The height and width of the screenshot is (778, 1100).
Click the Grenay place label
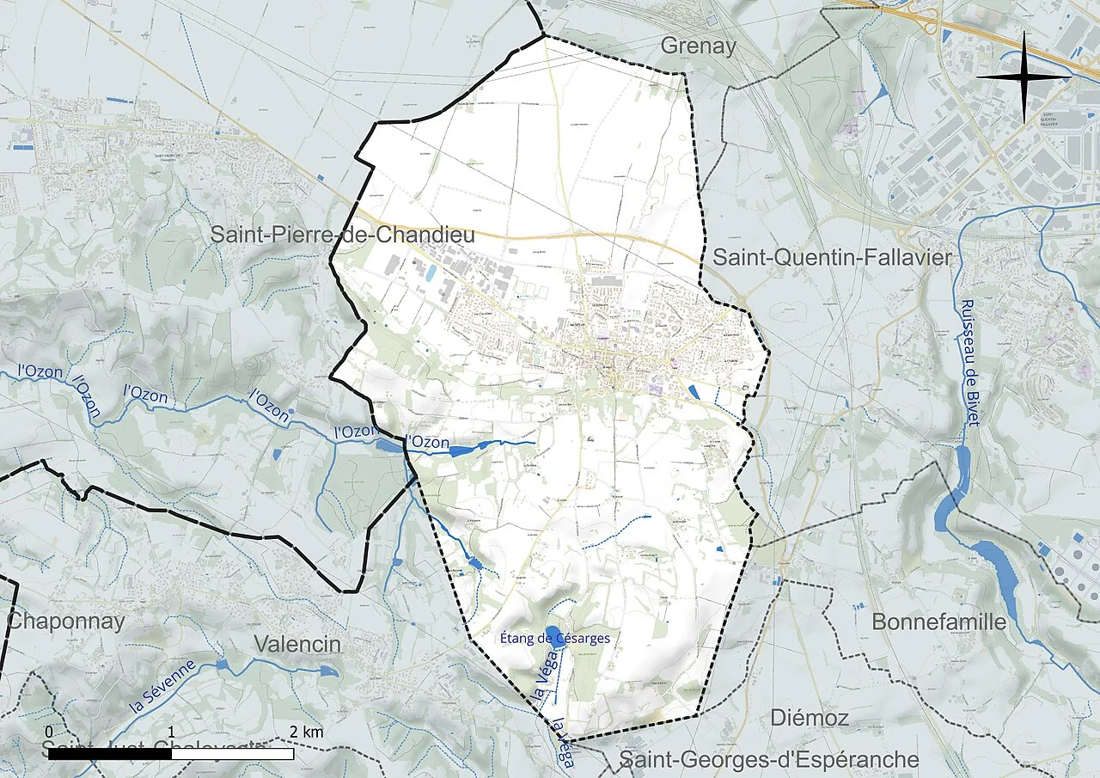[x=698, y=46]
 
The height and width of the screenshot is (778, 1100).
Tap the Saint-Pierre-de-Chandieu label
[x=343, y=234]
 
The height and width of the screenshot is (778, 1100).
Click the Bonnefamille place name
[x=938, y=622]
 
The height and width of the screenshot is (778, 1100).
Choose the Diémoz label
[x=810, y=717]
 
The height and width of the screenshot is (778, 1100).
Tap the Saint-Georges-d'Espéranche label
[x=769, y=760]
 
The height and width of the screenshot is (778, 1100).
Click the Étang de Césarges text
[x=555, y=639]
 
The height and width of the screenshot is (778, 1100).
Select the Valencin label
[x=297, y=645]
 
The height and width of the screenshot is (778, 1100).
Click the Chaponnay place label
[x=66, y=621]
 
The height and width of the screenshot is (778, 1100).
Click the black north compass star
[x=1024, y=77]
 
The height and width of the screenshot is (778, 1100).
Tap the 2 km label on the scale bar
[x=305, y=732]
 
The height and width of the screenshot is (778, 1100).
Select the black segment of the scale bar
[x=109, y=754]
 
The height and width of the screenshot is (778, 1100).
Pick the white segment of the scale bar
[x=232, y=754]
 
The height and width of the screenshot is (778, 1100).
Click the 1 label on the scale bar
[x=171, y=732]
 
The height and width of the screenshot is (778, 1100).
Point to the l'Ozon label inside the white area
[x=427, y=442]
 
